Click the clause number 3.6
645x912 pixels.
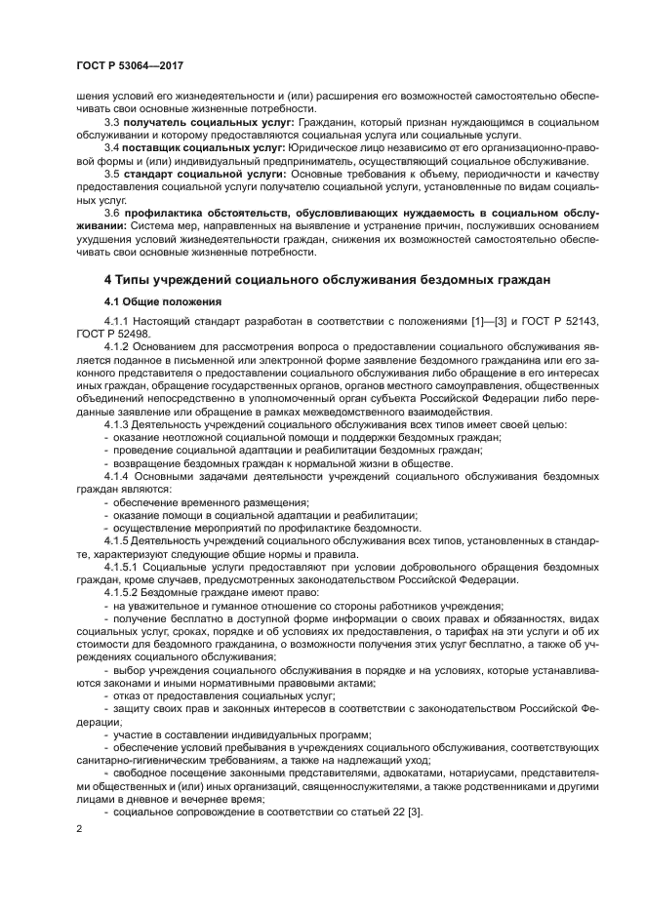pos(111,212)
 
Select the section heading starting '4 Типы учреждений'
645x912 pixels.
pos(326,280)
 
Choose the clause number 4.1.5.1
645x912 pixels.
pos(124,565)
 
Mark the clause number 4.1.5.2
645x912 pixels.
pos(124,590)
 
